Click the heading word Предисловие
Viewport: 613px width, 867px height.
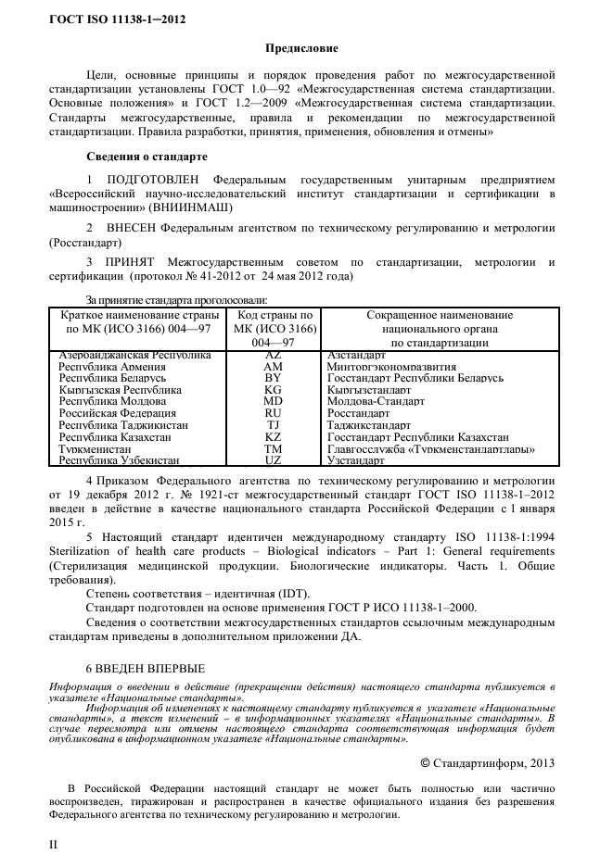[302, 47]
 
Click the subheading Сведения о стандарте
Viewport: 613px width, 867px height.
[147, 156]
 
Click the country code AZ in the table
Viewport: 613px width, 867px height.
[274, 355]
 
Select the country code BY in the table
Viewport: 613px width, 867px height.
[274, 379]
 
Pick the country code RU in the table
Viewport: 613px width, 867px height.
[274, 414]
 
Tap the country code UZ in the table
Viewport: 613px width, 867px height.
[274, 460]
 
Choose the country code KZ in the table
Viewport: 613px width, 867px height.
[274, 437]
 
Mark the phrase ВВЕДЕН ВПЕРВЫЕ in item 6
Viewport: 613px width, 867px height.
[153, 668]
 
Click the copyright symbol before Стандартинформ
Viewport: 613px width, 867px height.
[425, 763]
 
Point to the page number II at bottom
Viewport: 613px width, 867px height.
[53, 845]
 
